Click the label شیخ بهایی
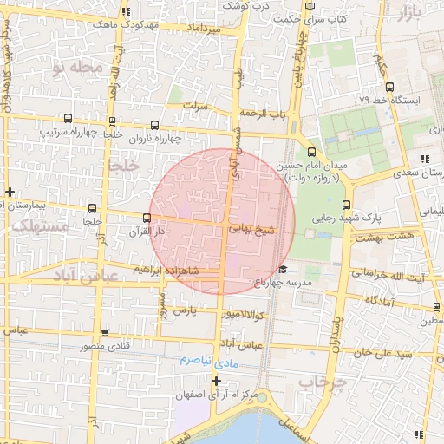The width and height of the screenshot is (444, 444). coord(251,231)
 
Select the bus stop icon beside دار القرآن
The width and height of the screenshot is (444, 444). coord(146,217)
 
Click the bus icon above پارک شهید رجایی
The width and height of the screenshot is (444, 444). coord(347,206)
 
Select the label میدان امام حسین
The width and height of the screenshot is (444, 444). coord(312,165)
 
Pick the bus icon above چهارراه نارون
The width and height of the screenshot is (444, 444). coord(155,125)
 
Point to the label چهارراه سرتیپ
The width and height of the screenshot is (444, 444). coord(68,133)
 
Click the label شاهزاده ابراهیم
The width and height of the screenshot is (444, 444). coord(169,270)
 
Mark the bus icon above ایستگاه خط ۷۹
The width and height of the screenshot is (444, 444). coord(390,87)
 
